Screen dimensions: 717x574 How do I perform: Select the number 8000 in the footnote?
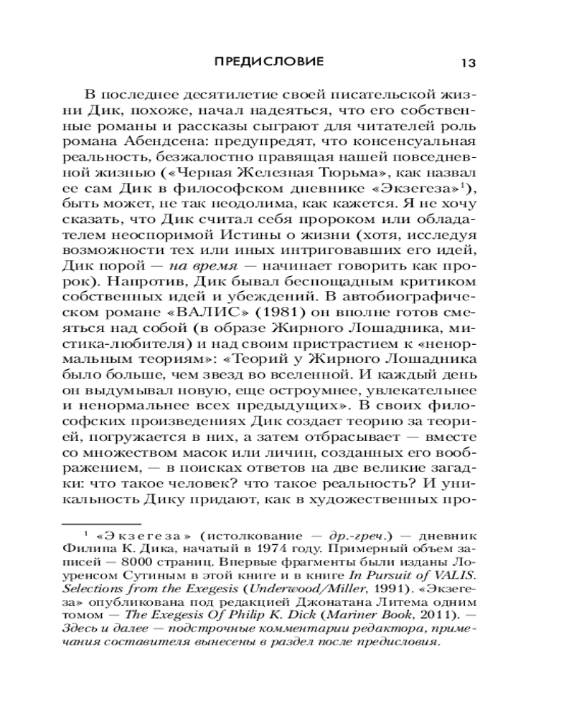point(151,563)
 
